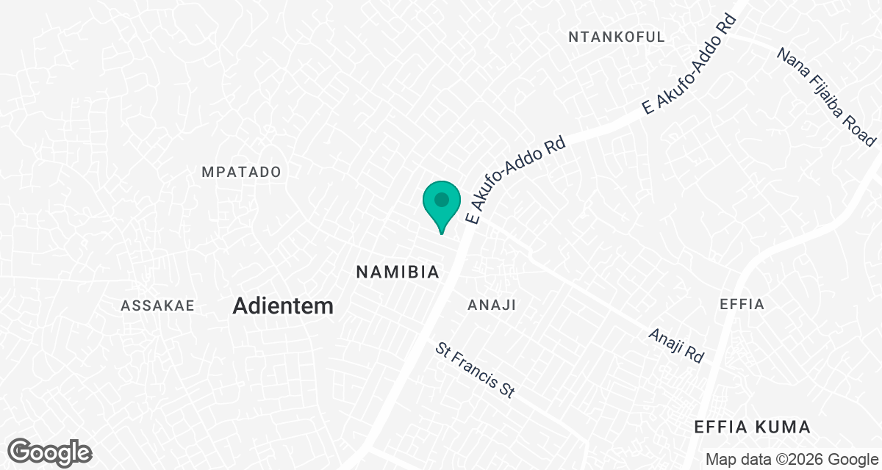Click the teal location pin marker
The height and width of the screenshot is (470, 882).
click(x=441, y=206)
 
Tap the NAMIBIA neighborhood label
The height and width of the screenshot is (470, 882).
click(x=398, y=272)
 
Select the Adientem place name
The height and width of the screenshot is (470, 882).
click(x=283, y=306)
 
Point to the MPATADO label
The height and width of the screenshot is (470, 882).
click(x=242, y=172)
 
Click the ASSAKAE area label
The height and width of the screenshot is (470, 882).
click(x=157, y=305)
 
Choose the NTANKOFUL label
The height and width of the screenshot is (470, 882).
click(x=617, y=37)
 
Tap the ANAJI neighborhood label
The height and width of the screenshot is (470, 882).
click(x=492, y=305)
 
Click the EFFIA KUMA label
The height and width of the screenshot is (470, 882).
click(x=753, y=427)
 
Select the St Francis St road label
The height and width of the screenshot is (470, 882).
click(x=475, y=370)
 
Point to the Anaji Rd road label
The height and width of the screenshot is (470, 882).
click(x=676, y=345)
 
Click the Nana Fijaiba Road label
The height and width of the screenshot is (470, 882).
click(x=827, y=97)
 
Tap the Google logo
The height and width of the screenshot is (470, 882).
click(x=50, y=451)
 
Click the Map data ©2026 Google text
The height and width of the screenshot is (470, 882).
click(x=791, y=460)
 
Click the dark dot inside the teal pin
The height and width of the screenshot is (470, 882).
click(x=441, y=200)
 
